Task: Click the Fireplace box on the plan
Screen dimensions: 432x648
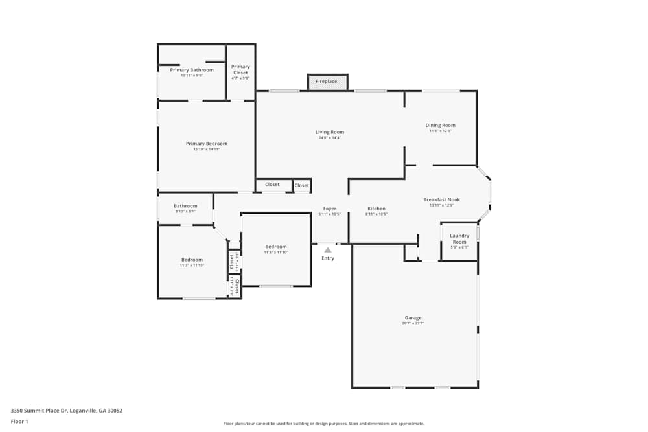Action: (327, 82)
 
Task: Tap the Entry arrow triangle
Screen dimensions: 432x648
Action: (328, 250)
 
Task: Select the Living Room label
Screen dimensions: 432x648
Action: (330, 132)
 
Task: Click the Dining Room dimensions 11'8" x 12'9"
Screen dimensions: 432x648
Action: (440, 131)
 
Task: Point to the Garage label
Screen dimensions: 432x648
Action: (413, 317)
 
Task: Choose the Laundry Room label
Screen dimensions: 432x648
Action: (459, 238)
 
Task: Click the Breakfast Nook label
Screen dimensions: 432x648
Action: (441, 199)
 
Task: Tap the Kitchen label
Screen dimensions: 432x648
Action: (376, 209)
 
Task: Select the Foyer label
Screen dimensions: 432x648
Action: (330, 209)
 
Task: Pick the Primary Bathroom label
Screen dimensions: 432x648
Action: (192, 69)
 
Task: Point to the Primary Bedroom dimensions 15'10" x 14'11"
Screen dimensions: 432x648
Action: (207, 149)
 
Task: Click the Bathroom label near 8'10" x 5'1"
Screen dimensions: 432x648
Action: (185, 206)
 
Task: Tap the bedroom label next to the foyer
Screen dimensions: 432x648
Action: (275, 246)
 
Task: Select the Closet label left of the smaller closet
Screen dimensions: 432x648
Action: (272, 184)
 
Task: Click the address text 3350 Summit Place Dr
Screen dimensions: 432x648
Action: (67, 410)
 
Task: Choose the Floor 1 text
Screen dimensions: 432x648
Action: (19, 421)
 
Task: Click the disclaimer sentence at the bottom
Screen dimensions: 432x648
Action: (324, 423)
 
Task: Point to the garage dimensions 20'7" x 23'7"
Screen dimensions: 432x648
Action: (413, 323)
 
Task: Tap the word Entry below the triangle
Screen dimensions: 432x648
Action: (328, 258)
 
